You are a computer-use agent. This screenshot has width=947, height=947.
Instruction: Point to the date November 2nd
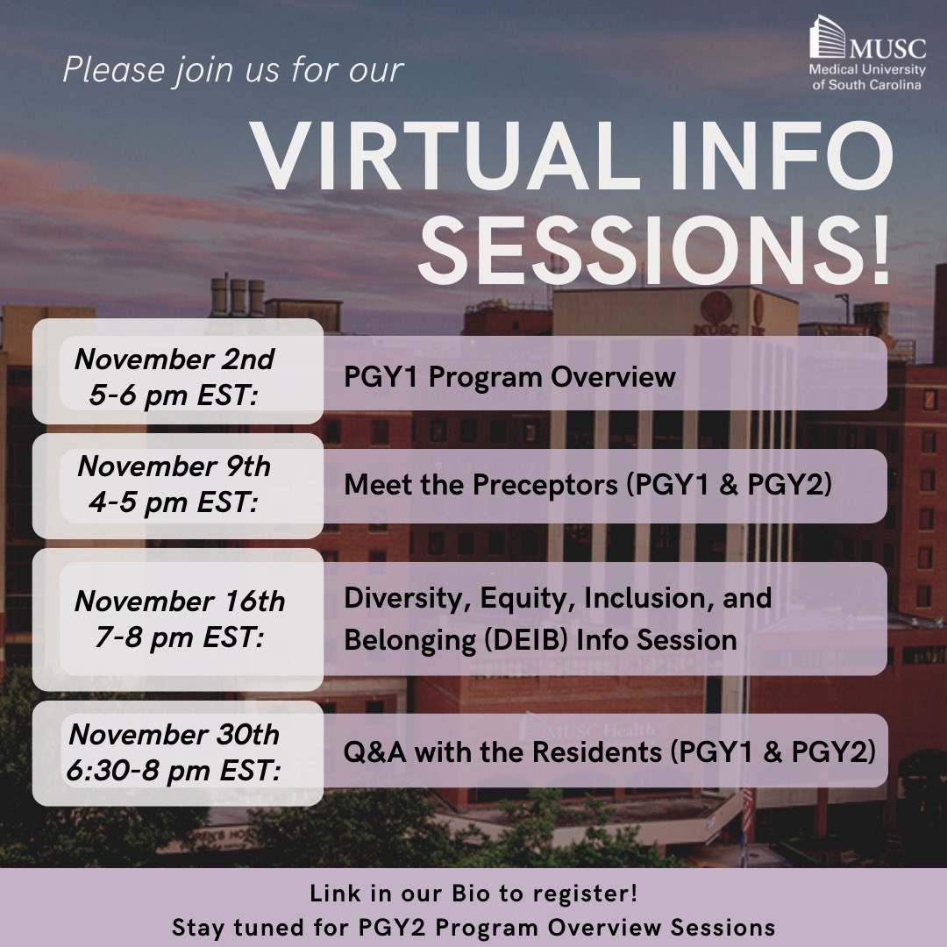click(174, 359)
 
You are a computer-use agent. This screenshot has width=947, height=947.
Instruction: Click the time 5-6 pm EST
click(174, 395)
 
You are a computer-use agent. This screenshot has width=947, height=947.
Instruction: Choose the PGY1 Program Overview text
click(509, 377)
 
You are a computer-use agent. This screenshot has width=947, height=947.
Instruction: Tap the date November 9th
click(174, 466)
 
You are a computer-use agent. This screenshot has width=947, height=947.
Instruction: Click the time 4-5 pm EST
click(174, 503)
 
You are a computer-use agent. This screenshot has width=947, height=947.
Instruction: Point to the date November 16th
click(180, 602)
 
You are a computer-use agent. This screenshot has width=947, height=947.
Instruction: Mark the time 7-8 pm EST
click(179, 638)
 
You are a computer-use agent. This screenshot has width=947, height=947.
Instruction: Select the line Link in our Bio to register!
click(473, 895)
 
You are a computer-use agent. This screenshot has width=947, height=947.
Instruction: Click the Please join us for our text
click(233, 70)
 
